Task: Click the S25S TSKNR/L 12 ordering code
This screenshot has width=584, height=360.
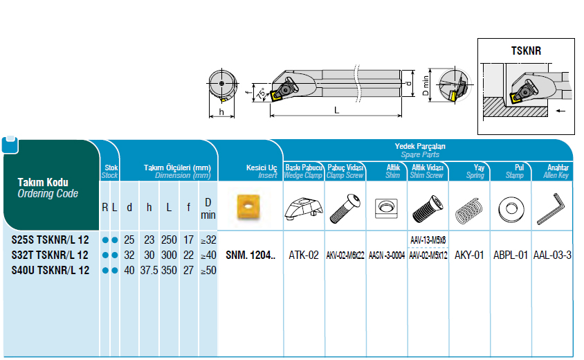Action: tap(51, 240)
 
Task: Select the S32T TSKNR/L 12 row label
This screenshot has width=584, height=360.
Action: tap(51, 255)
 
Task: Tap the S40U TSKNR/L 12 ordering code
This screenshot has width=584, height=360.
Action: tap(51, 271)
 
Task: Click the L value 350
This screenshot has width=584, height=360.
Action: tap(168, 271)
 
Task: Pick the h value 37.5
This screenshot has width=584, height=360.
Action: tap(149, 271)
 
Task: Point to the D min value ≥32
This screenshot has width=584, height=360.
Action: tap(208, 240)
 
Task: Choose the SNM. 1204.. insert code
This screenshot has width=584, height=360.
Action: tap(250, 255)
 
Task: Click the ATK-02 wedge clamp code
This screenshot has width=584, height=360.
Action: tap(304, 255)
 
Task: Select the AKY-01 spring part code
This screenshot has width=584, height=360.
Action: tap(469, 255)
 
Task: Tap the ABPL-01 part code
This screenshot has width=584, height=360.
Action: tap(511, 255)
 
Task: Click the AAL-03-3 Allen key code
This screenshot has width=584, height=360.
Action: tap(552, 255)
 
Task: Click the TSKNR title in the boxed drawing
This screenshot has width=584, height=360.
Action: tap(526, 51)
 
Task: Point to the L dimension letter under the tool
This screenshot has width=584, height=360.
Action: tap(336, 110)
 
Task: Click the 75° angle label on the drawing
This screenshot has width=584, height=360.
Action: tap(260, 93)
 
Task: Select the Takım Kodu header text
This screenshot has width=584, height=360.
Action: tap(42, 183)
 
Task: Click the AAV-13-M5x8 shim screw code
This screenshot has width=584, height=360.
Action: tap(428, 240)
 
